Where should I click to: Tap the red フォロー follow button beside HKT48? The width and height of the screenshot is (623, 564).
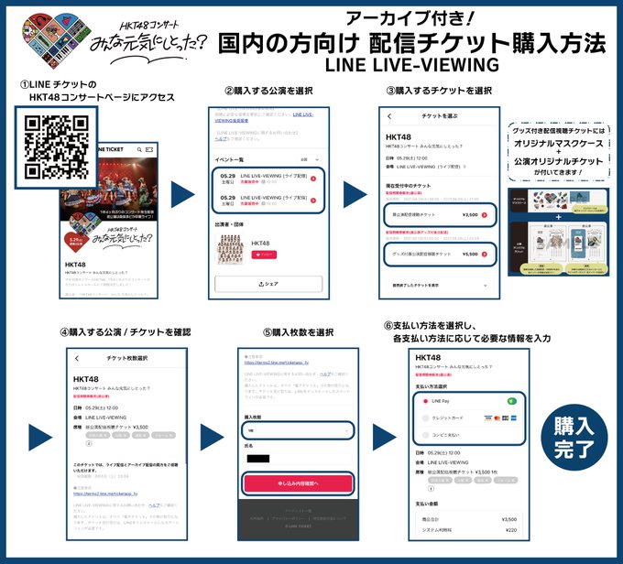[x=264, y=253]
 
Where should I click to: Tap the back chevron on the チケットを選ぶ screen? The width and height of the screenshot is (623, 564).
[x=389, y=117]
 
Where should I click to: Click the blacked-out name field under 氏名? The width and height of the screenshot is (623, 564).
[x=259, y=459]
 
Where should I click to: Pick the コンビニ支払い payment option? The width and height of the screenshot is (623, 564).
[x=445, y=436]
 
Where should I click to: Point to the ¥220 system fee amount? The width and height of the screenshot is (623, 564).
[x=511, y=529]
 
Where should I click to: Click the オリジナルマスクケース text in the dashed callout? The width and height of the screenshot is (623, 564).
[x=564, y=145]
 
